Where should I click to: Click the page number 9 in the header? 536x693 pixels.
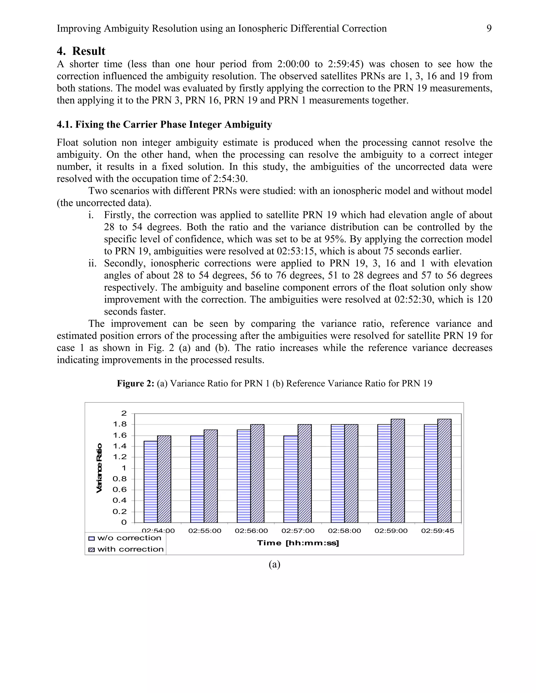point(489,29)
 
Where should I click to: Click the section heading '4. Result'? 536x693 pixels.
point(81,51)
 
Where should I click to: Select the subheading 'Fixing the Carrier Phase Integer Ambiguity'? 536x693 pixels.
point(173,124)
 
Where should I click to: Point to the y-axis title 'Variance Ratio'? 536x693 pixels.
point(99,468)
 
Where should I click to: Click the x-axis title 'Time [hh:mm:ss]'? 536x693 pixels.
point(298,543)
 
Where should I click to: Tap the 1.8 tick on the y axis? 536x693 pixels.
point(120,424)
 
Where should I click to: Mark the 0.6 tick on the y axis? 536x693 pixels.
point(120,490)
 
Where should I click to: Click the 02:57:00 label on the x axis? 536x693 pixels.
point(298,531)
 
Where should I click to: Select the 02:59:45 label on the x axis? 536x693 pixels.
point(438,531)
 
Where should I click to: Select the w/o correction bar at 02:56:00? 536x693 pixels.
point(244,476)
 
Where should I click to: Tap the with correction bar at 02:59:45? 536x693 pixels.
point(444,471)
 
